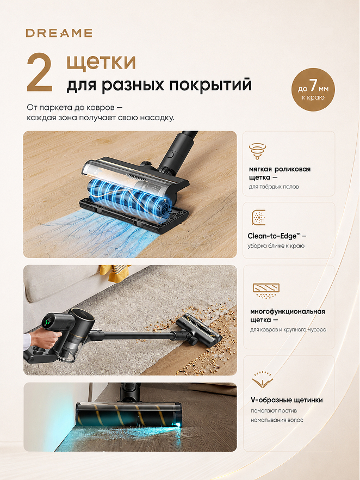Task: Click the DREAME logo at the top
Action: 59,33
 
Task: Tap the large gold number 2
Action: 40,72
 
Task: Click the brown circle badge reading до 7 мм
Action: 313,90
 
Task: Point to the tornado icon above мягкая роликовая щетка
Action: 257,150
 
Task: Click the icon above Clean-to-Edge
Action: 258,217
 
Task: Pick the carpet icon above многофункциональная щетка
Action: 266,291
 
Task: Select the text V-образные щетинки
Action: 287,400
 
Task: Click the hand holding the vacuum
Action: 44,339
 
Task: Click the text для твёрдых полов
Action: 274,187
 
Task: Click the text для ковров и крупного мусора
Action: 288,330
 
